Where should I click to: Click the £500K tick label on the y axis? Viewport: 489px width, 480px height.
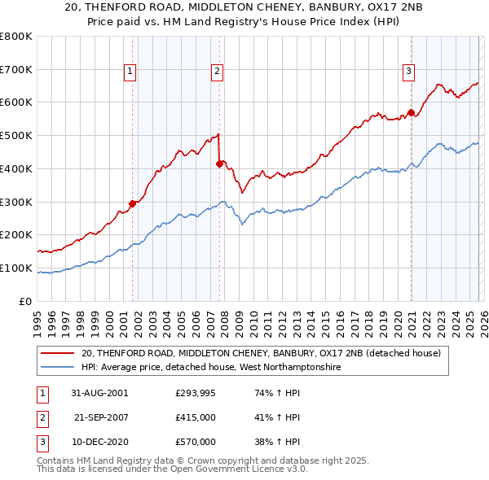coord(16,136)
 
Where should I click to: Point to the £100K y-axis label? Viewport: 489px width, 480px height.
coord(16,268)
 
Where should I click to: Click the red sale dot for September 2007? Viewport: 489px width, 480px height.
coord(219,164)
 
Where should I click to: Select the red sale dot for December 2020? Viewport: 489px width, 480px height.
coord(411,112)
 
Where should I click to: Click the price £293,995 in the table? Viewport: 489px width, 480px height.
coord(196,393)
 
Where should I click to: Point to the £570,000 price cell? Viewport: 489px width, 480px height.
coord(196,442)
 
